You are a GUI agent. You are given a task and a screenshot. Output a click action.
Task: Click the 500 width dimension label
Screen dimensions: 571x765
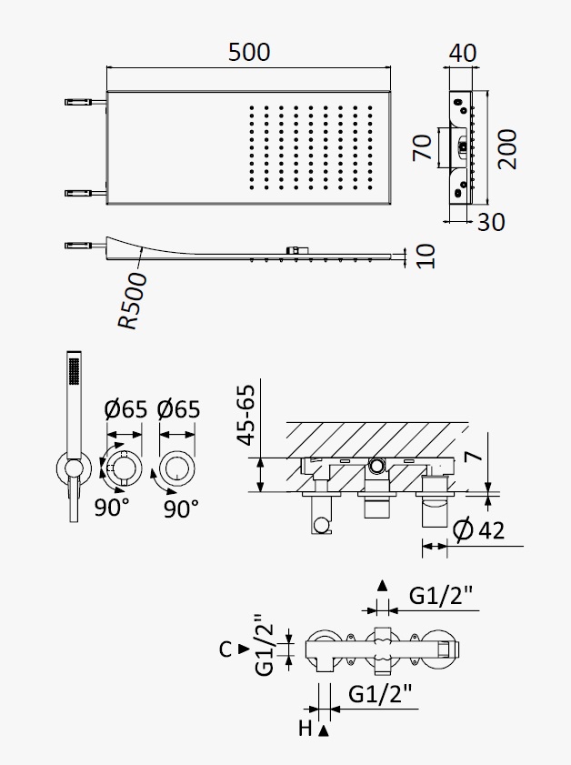coord(249,53)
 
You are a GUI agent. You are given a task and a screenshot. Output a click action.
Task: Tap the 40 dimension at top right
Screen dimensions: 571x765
coord(462,53)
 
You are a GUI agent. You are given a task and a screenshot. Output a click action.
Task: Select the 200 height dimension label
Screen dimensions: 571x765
coord(507,149)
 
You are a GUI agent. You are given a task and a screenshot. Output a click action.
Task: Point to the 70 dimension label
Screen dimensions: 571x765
coord(422,147)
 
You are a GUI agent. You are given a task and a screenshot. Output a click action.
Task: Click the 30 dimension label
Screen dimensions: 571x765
coord(491,223)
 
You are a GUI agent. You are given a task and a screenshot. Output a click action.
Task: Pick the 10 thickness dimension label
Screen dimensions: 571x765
coord(426,257)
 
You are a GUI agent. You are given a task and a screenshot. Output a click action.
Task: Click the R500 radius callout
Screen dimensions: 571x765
coord(132,301)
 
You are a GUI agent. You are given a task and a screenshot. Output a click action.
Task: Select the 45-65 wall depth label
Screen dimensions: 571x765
coord(245,415)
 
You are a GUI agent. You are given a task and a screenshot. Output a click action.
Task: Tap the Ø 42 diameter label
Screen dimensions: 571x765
coord(478,529)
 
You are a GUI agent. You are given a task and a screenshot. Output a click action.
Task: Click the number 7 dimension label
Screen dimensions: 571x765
coord(474,456)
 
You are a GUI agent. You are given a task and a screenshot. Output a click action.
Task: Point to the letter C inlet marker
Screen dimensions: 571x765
coord(225,649)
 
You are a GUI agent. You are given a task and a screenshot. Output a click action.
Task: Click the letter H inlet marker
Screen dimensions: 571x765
coord(306,729)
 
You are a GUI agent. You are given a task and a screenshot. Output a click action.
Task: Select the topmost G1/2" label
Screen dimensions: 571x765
coord(441,596)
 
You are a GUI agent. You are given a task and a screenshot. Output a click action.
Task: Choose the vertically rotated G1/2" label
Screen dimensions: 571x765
coord(265,645)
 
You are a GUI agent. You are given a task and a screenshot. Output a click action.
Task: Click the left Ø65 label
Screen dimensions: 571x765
coord(125,409)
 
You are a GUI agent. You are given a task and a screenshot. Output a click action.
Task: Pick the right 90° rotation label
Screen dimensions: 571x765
coord(181,508)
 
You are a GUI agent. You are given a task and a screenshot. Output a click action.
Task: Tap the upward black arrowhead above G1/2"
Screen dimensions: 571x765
coord(383,586)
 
